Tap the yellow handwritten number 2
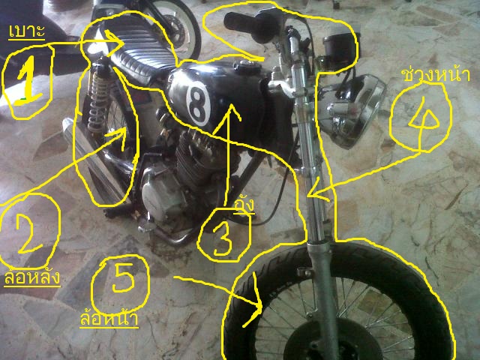tap(28, 229)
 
